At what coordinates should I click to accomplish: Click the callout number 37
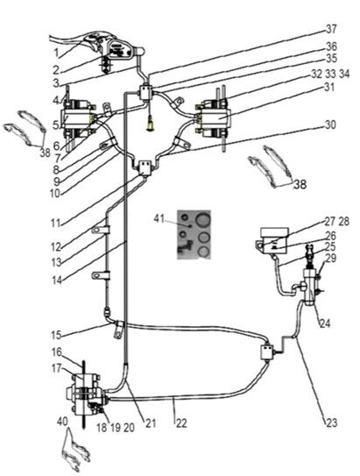tap(331, 30)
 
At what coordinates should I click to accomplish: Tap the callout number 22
tap(181, 423)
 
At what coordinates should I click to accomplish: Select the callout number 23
tap(331, 423)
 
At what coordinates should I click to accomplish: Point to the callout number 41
tap(159, 218)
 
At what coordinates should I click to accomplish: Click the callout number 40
tap(62, 422)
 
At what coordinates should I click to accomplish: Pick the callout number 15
tap(56, 335)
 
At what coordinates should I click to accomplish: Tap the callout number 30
tap(330, 124)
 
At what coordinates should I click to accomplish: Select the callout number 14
tap(57, 281)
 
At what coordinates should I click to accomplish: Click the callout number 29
tap(330, 259)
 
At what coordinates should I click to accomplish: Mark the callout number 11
tap(56, 224)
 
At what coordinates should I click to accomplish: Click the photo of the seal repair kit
tap(194, 234)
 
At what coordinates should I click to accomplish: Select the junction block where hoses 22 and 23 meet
tap(267, 352)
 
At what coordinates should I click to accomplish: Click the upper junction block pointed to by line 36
tap(145, 92)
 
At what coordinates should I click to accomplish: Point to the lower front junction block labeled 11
tap(145, 168)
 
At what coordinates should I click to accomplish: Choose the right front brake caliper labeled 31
tap(213, 117)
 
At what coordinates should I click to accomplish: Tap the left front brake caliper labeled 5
tap(78, 117)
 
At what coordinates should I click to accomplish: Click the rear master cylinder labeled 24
tap(311, 287)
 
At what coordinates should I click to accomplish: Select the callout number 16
tap(57, 352)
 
